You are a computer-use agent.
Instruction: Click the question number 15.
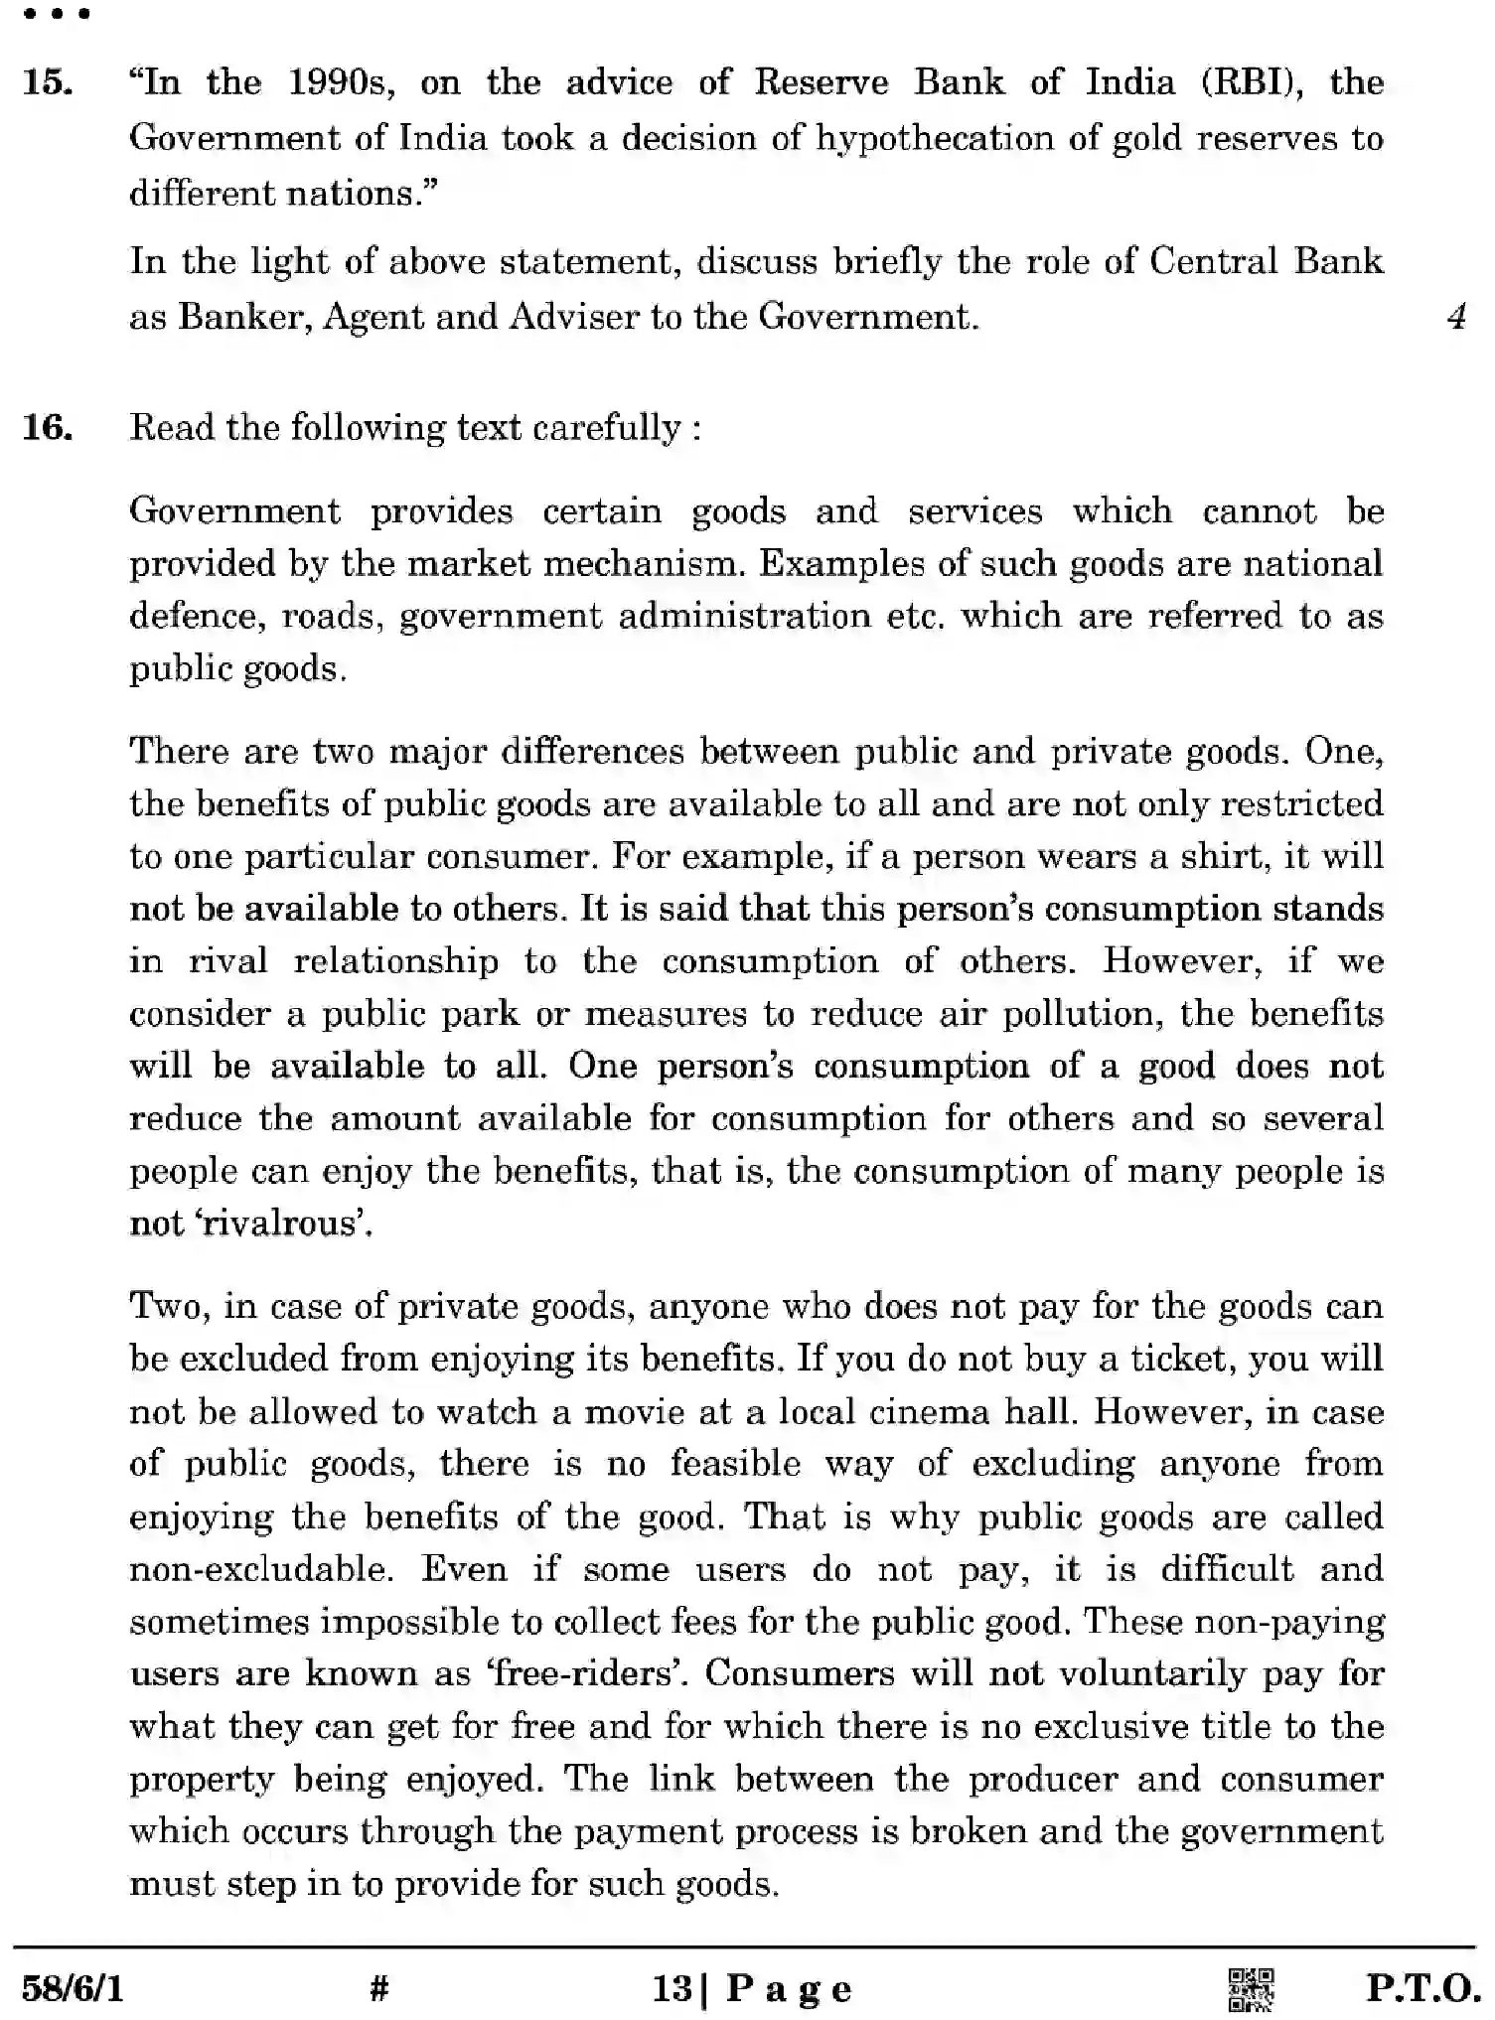coord(47,82)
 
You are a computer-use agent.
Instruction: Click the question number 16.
coord(47,428)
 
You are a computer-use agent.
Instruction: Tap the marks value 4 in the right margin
coord(1456,317)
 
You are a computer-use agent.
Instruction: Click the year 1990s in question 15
coord(341,82)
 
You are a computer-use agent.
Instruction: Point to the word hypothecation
coord(935,138)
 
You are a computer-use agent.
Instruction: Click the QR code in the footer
coord(1252,1989)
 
